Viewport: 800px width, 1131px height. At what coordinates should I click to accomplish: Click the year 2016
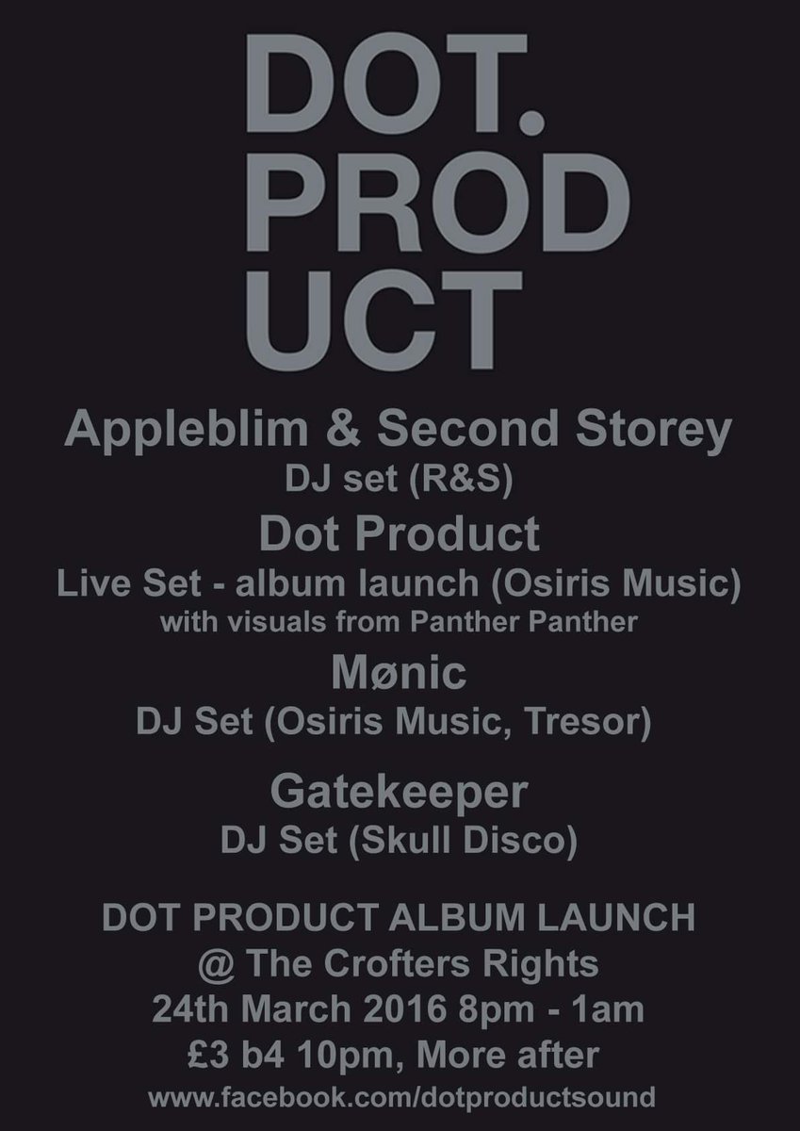tap(410, 1011)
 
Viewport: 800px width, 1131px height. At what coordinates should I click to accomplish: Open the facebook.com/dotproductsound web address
tap(400, 1099)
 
